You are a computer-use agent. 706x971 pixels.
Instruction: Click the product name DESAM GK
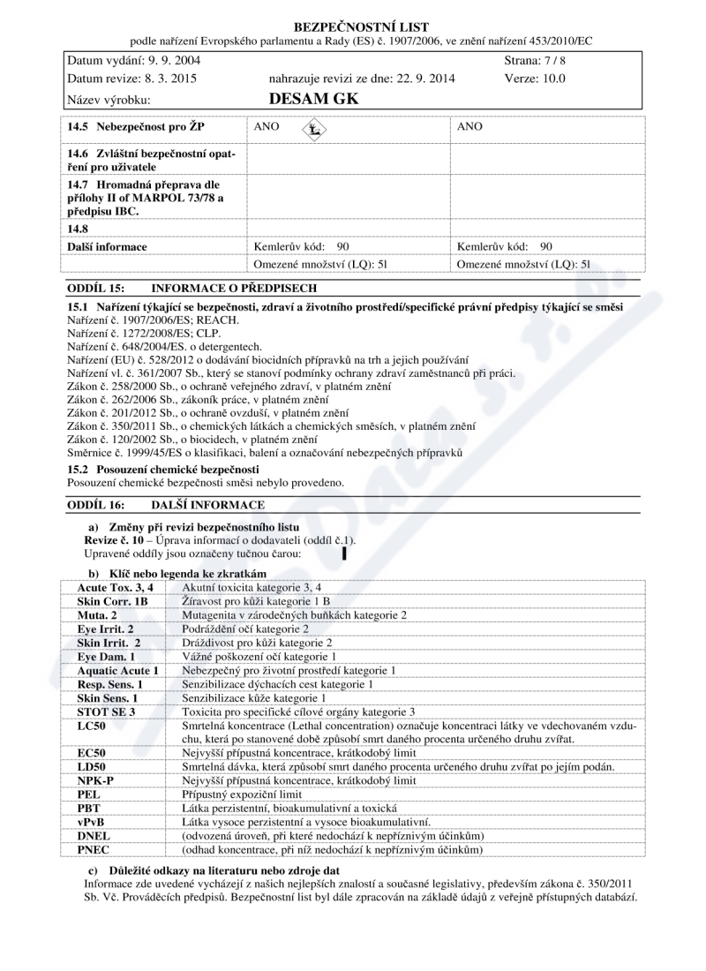[x=312, y=99]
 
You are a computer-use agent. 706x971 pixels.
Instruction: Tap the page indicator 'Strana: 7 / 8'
[x=534, y=61]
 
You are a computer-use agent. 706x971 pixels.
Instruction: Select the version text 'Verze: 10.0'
[x=535, y=79]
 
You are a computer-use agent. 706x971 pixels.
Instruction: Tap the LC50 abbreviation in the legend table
[x=93, y=725]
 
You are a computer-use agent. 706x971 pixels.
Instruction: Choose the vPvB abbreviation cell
[x=93, y=821]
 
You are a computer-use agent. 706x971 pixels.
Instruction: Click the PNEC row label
[x=94, y=849]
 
